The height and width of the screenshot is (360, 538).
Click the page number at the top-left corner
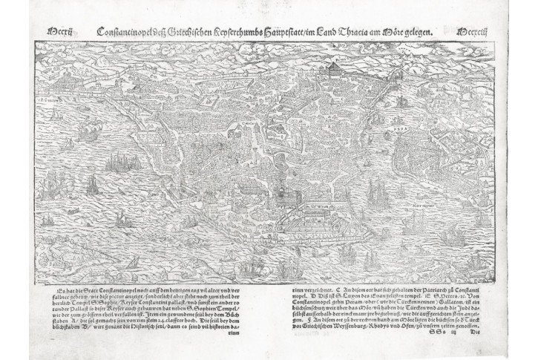click(x=58, y=32)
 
